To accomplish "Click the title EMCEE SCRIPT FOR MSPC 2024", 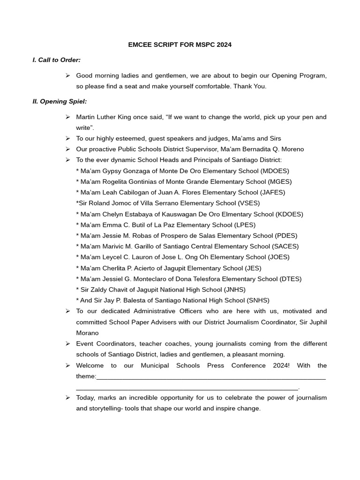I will [x=180, y=45].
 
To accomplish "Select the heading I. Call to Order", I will [x=57, y=60].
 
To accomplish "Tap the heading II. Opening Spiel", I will [x=60, y=101].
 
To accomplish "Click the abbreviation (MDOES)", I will [x=275, y=171].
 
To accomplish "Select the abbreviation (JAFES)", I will [x=271, y=193].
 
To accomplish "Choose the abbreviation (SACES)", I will [x=285, y=247].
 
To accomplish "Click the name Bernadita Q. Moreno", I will [x=273, y=150].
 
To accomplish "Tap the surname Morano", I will [x=87, y=333].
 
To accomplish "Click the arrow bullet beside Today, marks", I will [x=67, y=398].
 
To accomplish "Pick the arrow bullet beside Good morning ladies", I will [x=67, y=75].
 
